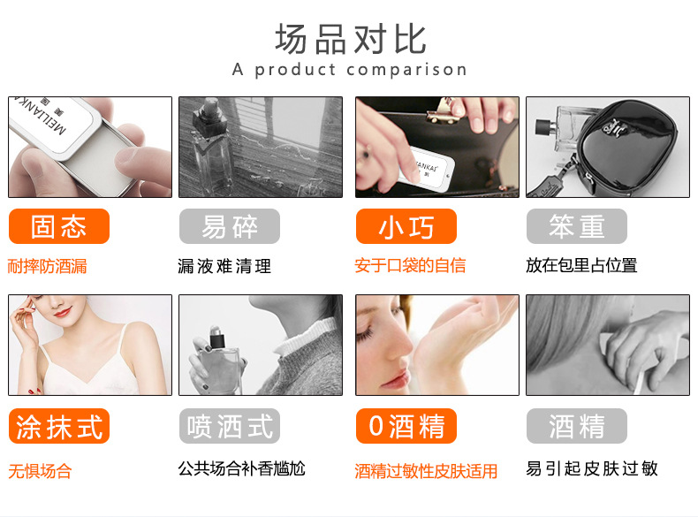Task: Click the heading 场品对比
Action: (x=350, y=38)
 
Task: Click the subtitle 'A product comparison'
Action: (x=350, y=70)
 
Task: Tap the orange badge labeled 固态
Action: (x=58, y=226)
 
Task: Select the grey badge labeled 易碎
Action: (x=229, y=226)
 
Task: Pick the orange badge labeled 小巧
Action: (x=406, y=226)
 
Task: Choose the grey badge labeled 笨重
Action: (x=577, y=226)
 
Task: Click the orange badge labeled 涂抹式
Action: (x=58, y=426)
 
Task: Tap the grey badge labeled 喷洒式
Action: (x=229, y=426)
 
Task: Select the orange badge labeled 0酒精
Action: (x=406, y=426)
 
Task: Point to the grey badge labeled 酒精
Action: (x=577, y=426)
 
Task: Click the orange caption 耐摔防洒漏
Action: (x=48, y=266)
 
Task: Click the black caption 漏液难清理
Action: (x=224, y=266)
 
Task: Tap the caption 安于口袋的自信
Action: (x=410, y=266)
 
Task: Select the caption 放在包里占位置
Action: (x=581, y=265)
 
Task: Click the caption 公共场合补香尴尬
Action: (x=241, y=468)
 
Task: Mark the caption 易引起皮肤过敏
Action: (x=592, y=468)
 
